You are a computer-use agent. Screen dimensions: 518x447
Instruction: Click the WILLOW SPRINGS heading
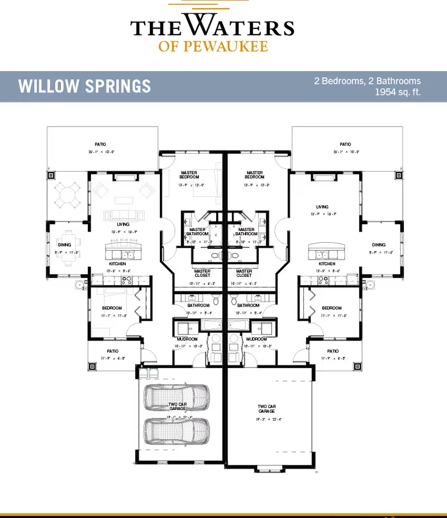[84, 87]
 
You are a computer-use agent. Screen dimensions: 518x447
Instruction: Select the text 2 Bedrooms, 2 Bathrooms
[367, 81]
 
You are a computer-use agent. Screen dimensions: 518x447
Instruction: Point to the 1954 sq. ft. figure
[397, 92]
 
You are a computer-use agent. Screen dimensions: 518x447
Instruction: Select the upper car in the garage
[177, 397]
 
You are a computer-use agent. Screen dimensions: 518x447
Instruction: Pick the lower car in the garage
[177, 431]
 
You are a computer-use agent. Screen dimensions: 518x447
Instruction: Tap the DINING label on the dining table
[65, 244]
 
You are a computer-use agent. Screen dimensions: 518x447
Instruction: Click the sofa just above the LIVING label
[124, 215]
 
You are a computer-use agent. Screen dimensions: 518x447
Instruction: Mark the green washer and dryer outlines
[149, 373]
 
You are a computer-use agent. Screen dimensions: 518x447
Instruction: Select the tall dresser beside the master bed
[165, 183]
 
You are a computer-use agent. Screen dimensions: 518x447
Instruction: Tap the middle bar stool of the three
[123, 242]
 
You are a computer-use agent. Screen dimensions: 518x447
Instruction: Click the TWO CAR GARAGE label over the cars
[177, 407]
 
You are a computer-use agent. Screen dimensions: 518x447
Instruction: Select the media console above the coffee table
[126, 178]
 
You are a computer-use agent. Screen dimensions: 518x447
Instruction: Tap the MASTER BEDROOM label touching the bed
[189, 175]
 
